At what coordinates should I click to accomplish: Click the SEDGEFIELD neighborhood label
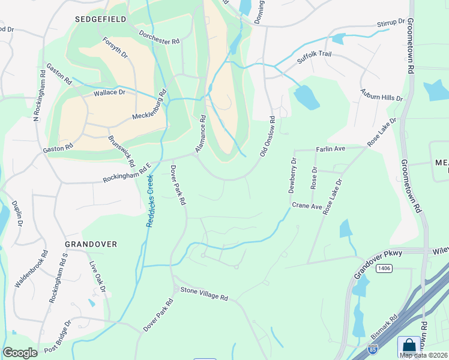pos(101,19)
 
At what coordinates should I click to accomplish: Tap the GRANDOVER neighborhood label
pos(91,244)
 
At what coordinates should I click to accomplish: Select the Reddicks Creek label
pos(149,201)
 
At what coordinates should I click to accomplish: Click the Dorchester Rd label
pos(159,37)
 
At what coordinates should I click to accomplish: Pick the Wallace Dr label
pos(109,93)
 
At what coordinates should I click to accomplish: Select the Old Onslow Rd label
pos(268,137)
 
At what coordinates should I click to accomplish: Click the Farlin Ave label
pos(331,148)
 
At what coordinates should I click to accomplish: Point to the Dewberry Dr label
pos(292,175)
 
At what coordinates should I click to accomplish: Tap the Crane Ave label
pos(307,206)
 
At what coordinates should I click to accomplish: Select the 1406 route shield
pos(385,268)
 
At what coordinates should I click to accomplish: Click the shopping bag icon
pos(409,346)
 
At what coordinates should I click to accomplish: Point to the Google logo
pos(20,353)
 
